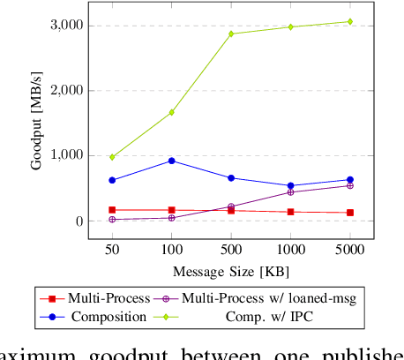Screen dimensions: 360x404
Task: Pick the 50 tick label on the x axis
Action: [x=111, y=251]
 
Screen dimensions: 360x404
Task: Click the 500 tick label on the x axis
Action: [x=231, y=251]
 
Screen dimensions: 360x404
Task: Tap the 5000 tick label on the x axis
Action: [x=349, y=251]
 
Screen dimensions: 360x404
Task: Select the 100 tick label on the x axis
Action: [x=171, y=251]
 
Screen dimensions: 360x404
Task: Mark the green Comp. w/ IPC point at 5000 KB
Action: [x=349, y=21]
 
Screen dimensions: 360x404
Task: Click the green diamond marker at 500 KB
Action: [x=231, y=34]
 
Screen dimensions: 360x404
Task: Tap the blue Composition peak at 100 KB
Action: [x=171, y=161]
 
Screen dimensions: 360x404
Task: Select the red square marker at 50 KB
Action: [x=111, y=210]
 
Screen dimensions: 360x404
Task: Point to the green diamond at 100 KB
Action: [x=171, y=112]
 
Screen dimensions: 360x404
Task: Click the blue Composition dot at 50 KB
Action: [x=111, y=180]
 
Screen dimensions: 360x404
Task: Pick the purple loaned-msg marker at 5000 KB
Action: [x=349, y=185]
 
